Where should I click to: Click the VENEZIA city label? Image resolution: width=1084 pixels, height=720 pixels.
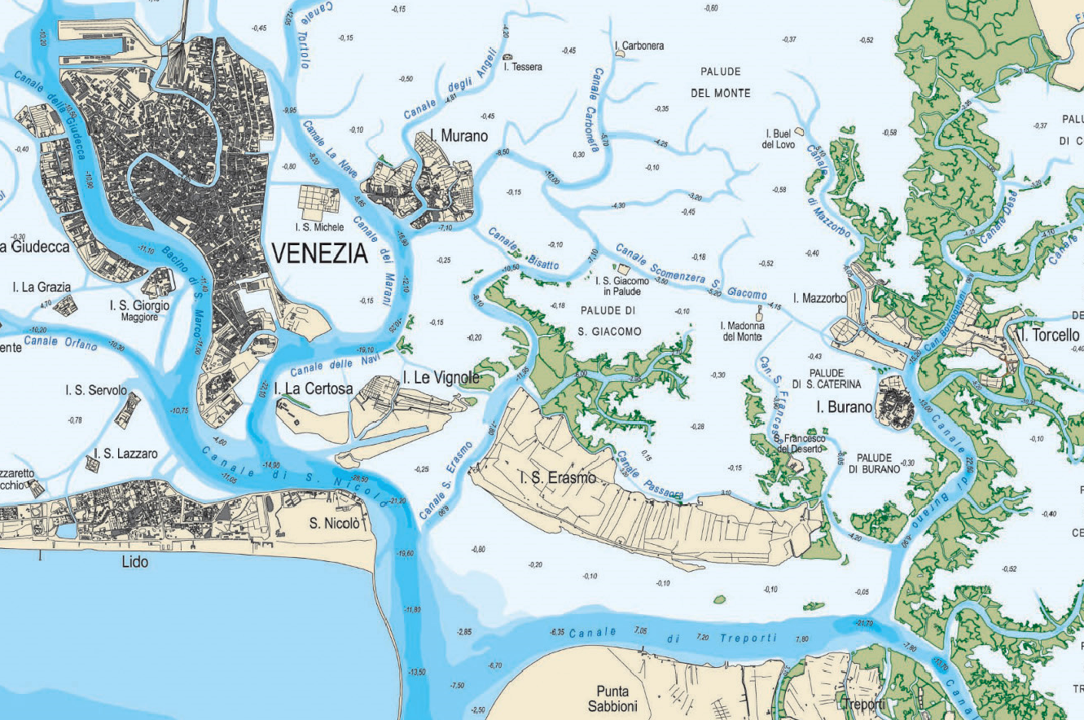319,254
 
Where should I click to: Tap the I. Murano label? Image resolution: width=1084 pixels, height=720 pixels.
457,136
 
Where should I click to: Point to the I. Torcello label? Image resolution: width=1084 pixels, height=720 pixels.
1047,336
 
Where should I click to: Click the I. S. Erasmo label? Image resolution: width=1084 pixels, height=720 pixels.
558,477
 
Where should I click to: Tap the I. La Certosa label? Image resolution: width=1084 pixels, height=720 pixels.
314,389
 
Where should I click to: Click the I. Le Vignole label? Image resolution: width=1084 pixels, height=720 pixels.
441,378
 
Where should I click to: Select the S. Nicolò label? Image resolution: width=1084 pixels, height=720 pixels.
334,523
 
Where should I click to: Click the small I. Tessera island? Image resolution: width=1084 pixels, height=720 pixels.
508,56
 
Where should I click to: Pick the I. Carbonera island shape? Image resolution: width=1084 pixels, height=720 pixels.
620,54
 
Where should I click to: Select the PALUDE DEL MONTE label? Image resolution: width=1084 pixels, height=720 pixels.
720,82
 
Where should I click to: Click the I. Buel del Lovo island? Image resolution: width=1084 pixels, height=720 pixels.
800,130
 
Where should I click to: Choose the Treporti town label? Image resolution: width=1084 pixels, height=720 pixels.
863,703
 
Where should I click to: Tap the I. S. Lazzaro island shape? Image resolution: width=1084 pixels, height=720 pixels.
94,463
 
